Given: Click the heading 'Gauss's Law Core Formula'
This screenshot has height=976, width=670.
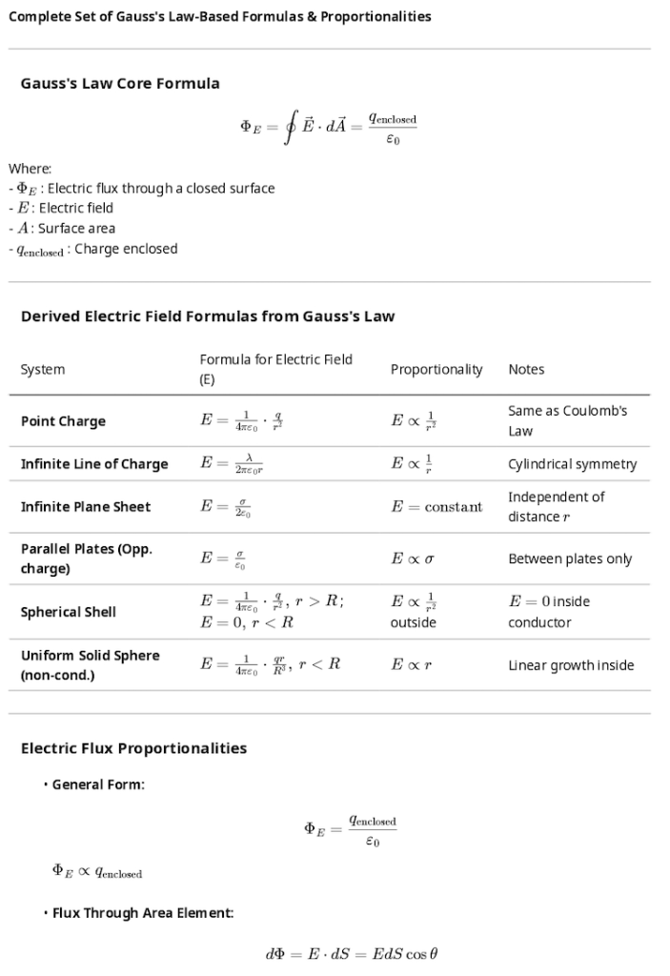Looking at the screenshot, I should click(120, 84).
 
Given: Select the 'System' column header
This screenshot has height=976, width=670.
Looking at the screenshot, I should click(43, 370).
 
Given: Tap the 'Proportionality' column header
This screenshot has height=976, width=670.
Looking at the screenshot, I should click(437, 370).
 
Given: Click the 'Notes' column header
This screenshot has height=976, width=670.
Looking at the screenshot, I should click(526, 370).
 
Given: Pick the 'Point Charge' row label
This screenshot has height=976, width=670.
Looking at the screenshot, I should click(63, 421).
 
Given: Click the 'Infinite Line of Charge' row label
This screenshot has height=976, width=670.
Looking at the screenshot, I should click(94, 464).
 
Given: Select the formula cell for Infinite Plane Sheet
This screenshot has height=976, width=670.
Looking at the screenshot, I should click(226, 507).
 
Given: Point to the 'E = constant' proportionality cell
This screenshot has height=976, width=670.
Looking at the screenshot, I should click(437, 507).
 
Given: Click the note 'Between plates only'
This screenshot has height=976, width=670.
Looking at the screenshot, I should click(570, 559).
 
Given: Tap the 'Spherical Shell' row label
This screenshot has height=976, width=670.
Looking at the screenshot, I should click(69, 612).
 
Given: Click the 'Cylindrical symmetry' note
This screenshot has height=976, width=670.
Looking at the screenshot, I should click(573, 464).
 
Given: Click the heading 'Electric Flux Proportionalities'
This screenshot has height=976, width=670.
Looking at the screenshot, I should click(133, 748).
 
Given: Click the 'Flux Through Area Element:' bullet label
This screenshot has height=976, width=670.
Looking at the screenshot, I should click(143, 913).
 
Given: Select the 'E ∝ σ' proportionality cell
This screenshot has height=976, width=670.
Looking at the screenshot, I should click(413, 559).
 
